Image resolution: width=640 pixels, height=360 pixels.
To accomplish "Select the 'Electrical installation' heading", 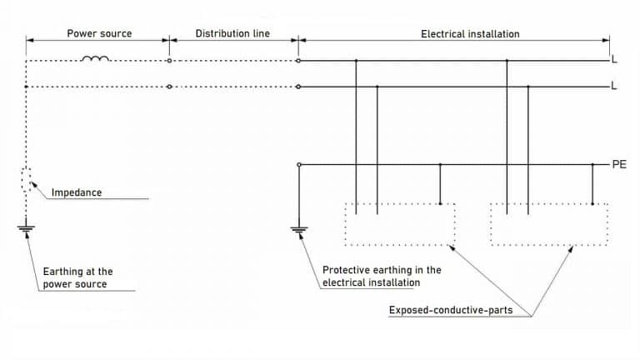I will point(470,34).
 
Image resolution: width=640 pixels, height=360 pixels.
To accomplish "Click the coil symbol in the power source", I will point(96,58).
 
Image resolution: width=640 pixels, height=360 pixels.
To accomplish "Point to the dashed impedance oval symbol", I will point(27,180).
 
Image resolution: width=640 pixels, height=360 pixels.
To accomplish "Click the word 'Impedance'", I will point(77,192).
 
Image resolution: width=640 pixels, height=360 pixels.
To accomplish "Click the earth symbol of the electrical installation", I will point(298,227).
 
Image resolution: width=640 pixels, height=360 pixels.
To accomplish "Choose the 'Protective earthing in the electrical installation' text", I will point(381,276).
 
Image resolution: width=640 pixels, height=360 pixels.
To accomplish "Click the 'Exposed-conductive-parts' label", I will point(450,311).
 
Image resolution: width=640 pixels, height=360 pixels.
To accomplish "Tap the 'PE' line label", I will point(619,165).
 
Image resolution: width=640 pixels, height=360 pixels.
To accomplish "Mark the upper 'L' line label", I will point(614,61).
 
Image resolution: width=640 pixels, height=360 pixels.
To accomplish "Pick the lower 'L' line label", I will point(614,87).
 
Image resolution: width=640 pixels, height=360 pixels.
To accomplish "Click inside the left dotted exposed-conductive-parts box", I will point(400,224).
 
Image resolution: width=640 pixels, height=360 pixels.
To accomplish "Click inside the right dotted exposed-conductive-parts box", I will point(548,224).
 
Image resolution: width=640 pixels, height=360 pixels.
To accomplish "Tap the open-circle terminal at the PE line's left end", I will point(298,165).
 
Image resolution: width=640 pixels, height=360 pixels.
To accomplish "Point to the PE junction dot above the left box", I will point(440,165).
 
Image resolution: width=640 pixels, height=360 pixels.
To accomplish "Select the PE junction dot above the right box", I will point(592,165).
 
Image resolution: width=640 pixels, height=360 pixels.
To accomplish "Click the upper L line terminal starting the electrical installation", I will point(298,61).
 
